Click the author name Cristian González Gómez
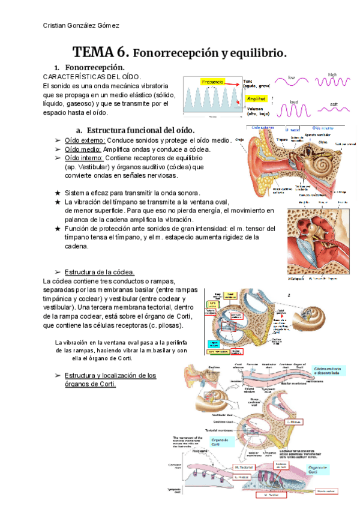click(x=82, y=25)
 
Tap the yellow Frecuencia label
click(x=213, y=81)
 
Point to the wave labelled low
click(x=292, y=83)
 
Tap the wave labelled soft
click(x=334, y=109)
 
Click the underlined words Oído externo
click(x=83, y=140)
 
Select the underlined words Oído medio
click(x=82, y=149)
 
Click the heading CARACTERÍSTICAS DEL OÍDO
click(x=92, y=77)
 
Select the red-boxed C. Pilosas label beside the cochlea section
click(x=296, y=422)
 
